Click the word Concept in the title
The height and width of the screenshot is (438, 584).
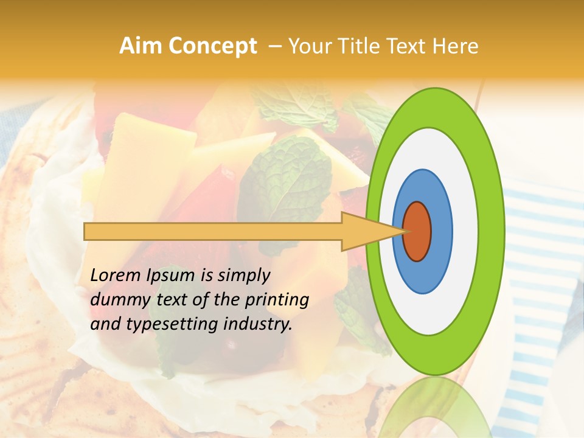point(212,46)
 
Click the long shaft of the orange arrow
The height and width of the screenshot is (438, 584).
point(213,232)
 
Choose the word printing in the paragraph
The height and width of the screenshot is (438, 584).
point(276,301)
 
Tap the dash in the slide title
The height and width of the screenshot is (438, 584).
point(274,47)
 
